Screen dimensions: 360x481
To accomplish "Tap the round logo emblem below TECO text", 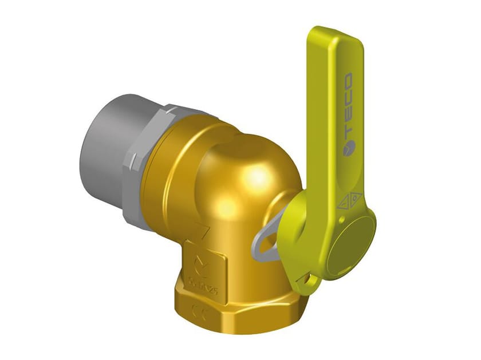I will [348, 149].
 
